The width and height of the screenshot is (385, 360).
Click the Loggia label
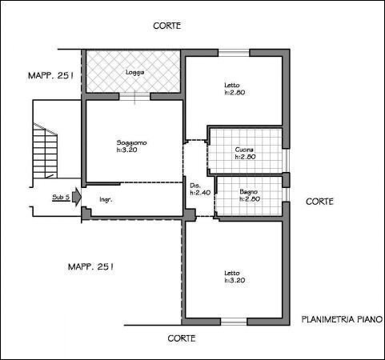135,72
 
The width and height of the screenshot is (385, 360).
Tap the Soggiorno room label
131,142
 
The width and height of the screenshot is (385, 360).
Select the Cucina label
244,150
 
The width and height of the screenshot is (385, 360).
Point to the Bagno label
249,191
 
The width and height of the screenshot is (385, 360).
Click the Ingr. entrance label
106,199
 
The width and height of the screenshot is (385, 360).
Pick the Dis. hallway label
195,186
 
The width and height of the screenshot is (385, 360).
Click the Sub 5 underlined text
61,198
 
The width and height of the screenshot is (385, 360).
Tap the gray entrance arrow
77,197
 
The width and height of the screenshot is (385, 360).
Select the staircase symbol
45,150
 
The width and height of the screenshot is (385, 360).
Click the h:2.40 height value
200,193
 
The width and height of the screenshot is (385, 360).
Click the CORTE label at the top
167,26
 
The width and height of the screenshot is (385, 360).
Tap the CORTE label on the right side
319,202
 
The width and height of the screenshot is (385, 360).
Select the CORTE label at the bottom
182,338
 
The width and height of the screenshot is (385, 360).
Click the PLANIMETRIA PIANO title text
342,319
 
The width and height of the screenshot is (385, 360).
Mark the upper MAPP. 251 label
50,76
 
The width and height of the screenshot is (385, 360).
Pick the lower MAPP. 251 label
90,266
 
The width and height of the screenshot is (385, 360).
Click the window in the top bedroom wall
234,53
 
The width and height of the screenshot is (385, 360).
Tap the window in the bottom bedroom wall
234,322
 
